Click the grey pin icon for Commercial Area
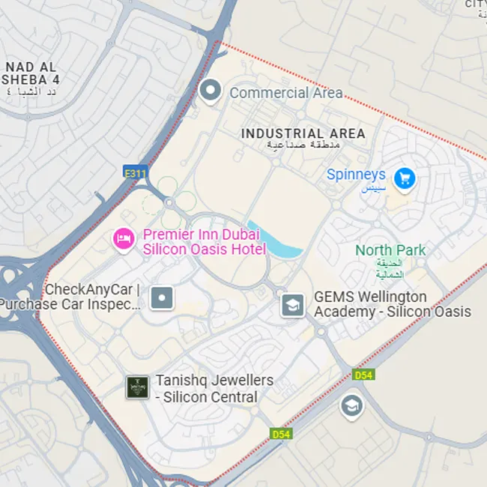point(211,91)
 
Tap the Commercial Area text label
point(285,93)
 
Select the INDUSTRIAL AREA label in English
point(303,133)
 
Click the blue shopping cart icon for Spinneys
point(405,178)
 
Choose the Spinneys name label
point(356,175)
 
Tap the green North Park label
point(390,250)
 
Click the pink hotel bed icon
point(122,239)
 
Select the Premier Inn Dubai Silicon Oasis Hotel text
point(204,242)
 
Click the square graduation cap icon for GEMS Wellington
point(292,304)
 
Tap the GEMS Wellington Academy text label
point(392,304)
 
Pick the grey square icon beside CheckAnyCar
point(162,297)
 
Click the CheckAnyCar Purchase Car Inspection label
point(72,297)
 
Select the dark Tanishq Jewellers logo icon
point(136,387)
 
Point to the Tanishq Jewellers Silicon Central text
point(214,389)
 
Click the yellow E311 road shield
point(136,173)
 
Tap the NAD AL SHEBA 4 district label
point(31,73)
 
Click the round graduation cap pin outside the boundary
point(350,407)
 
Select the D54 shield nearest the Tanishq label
point(280,434)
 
